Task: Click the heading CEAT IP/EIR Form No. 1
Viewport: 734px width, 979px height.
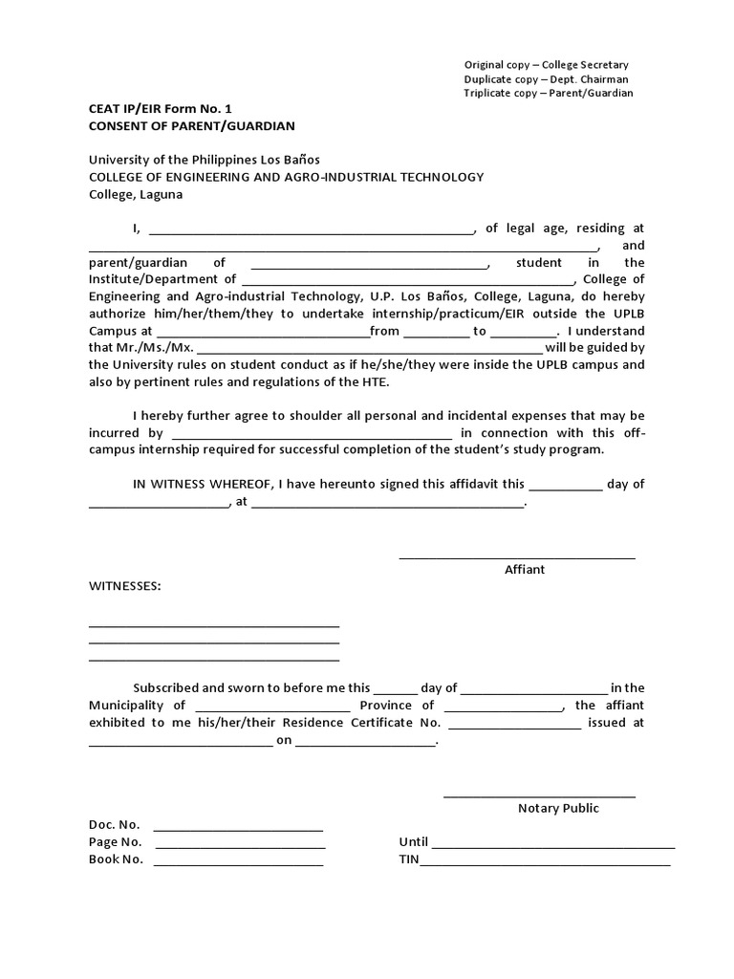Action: pyautogui.click(x=160, y=109)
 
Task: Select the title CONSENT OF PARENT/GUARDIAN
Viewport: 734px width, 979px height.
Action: pyautogui.click(x=192, y=126)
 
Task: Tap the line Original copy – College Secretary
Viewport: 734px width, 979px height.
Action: pyautogui.click(x=546, y=64)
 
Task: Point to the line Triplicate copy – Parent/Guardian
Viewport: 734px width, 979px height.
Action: pyautogui.click(x=549, y=93)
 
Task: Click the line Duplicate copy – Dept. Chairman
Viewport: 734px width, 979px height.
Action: pyautogui.click(x=546, y=78)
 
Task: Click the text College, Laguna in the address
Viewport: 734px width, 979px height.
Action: pyautogui.click(x=135, y=194)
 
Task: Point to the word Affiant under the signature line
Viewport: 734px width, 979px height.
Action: pyautogui.click(x=525, y=569)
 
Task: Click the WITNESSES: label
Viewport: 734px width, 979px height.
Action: pyautogui.click(x=125, y=586)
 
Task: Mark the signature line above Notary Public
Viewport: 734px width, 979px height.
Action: pyautogui.click(x=539, y=794)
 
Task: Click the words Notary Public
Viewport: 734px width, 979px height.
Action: pyautogui.click(x=558, y=808)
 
